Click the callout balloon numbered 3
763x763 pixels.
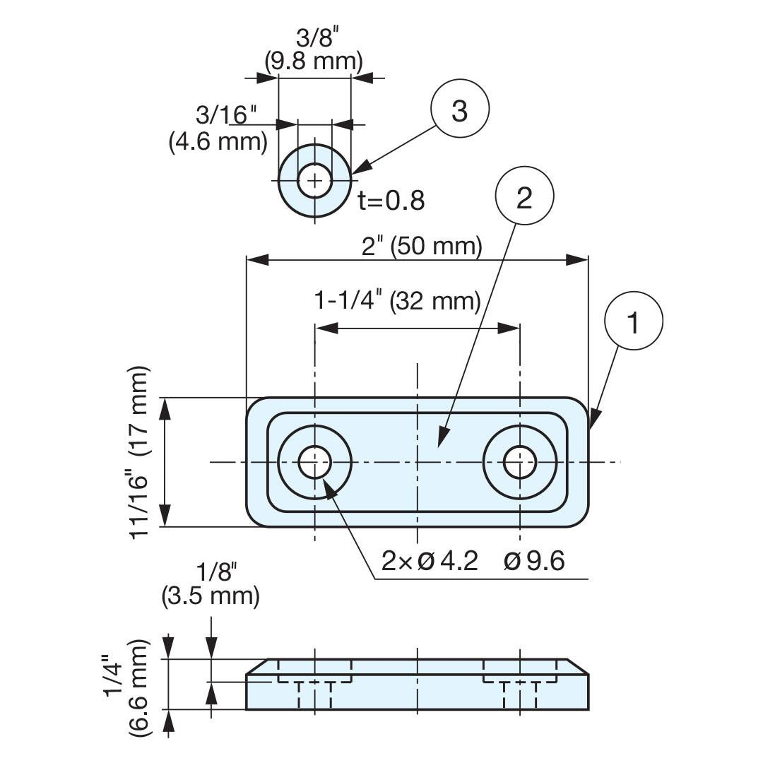(460, 108)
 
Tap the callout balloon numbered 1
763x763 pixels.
(634, 321)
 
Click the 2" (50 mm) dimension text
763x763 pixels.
(421, 246)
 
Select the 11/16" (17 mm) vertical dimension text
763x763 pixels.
(139, 452)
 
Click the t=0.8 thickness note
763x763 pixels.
(391, 201)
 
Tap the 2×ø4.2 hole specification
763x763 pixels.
(430, 560)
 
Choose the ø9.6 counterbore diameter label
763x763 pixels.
(534, 561)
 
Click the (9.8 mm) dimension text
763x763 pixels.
(314, 61)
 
